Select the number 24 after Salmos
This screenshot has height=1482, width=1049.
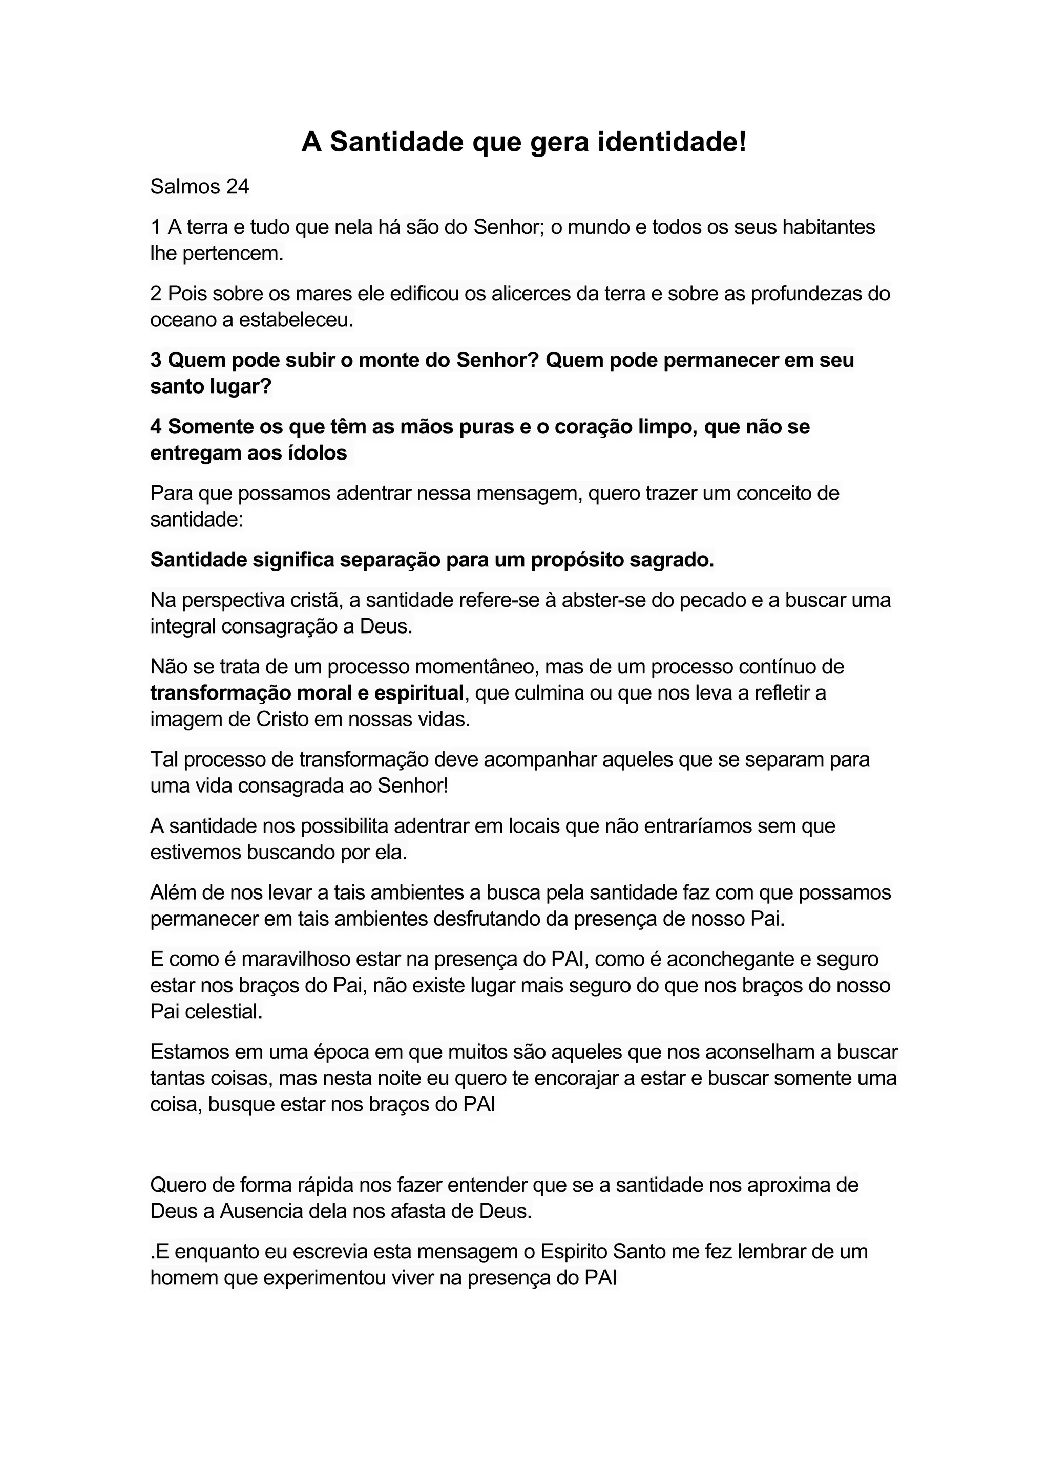[237, 187]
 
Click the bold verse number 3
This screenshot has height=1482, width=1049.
[156, 360]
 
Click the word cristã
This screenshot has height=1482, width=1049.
[315, 600]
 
